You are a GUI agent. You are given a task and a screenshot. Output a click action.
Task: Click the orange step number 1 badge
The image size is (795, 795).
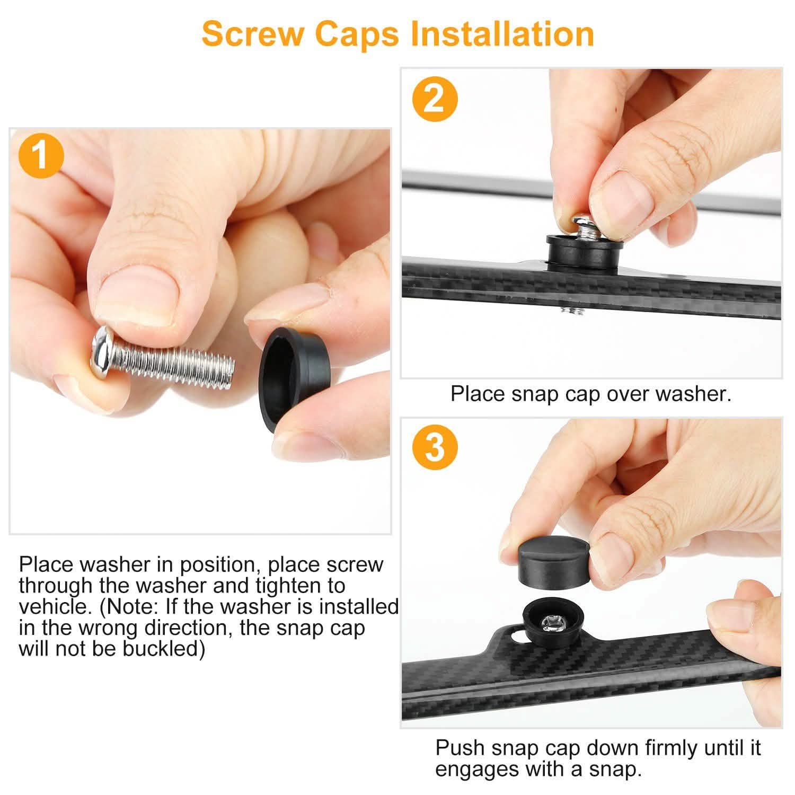[x=41, y=157]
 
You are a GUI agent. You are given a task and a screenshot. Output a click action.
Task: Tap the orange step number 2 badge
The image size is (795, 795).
[x=435, y=99]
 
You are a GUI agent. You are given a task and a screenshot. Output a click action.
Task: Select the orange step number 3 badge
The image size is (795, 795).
[x=435, y=447]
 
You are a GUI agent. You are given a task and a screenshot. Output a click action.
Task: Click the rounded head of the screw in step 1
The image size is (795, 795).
[x=103, y=351]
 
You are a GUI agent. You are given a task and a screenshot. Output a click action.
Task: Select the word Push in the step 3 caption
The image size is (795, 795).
[x=459, y=748]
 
